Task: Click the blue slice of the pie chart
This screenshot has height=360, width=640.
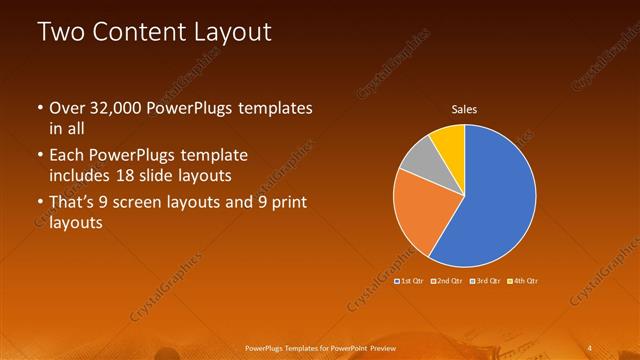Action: [x=495, y=195]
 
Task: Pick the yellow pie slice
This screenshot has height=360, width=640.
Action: [x=450, y=140]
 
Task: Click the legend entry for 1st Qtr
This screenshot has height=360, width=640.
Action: [x=412, y=281]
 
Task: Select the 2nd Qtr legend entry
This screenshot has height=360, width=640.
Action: [x=448, y=281]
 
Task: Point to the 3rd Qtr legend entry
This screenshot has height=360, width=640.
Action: [x=485, y=281]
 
